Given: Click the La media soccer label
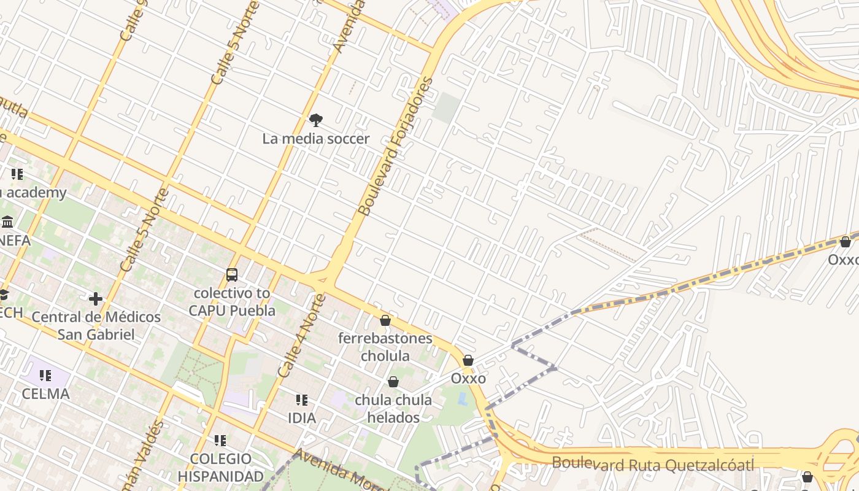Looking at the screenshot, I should point(316,139).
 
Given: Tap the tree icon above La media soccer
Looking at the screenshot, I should point(316,120).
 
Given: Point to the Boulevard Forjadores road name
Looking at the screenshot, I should point(396,147).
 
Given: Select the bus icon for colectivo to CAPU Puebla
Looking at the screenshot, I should point(232,275).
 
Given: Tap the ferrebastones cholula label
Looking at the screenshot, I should point(385,347).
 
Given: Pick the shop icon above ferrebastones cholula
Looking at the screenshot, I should point(385,320).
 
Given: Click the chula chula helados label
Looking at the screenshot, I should point(393,409).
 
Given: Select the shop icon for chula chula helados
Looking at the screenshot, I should point(393,382).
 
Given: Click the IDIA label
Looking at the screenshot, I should point(302,419).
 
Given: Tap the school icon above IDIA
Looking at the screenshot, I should point(302,400).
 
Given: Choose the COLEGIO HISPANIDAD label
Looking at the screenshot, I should point(221,468).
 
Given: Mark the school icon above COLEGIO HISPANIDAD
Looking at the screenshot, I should point(220,441).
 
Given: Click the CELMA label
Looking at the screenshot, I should point(45,394).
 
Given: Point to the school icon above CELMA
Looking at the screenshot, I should point(45,375).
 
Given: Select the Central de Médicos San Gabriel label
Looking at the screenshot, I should point(96,326).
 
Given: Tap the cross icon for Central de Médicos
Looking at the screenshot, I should point(96,299).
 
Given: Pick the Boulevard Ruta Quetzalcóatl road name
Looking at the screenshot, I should point(653,465).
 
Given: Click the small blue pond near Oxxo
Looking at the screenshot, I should point(462,399).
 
